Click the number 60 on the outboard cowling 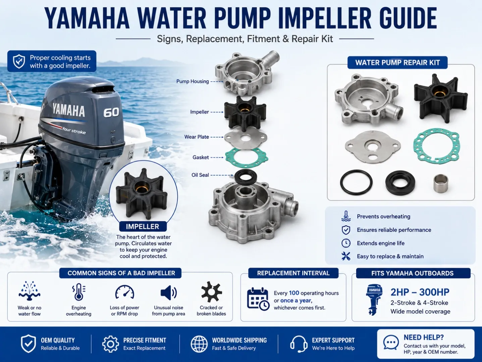click(111, 112)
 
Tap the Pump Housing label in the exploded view click(193, 81)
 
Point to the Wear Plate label click(197, 137)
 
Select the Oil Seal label click(200, 175)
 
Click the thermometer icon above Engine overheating click(78, 292)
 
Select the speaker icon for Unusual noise click(168, 293)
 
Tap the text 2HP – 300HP click(420, 292)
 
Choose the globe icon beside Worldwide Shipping click(199, 344)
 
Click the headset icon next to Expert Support click(299, 344)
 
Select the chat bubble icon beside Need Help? click(391, 343)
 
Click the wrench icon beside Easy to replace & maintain click(346, 256)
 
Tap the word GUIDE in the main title click(408, 18)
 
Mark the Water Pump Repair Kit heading click(397, 63)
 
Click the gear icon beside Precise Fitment click(110, 344)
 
